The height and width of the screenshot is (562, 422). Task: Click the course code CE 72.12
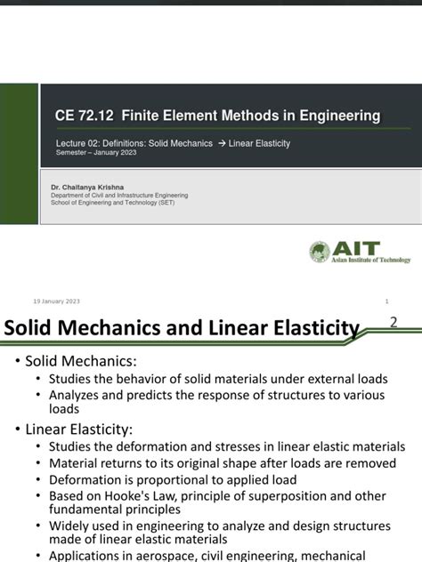click(x=85, y=116)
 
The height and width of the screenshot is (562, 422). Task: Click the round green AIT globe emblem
click(x=321, y=253)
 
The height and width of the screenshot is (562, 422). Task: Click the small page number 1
click(x=387, y=301)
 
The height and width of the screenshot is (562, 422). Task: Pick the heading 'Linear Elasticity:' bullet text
click(x=85, y=429)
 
